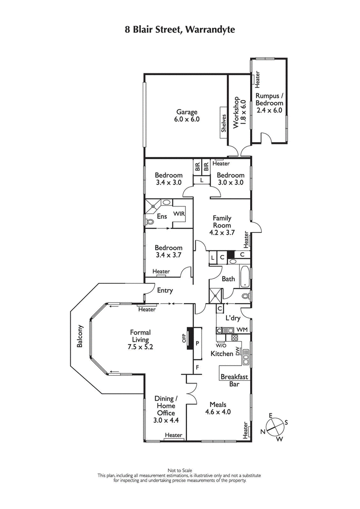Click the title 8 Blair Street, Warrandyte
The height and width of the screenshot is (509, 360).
[x=180, y=29]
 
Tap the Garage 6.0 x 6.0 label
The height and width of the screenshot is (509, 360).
[x=187, y=116]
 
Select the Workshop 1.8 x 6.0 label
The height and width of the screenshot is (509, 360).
[x=239, y=115]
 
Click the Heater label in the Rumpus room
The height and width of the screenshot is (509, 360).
[x=258, y=80]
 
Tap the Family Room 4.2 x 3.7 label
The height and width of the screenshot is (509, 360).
[x=222, y=225]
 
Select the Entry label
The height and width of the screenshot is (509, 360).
[x=165, y=290]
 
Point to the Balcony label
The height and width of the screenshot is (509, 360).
[x=80, y=336]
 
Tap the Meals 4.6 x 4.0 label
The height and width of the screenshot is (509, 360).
[x=218, y=407]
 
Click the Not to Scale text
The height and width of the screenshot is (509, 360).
[x=180, y=470]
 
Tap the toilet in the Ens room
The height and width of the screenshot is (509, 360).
[x=150, y=221]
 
